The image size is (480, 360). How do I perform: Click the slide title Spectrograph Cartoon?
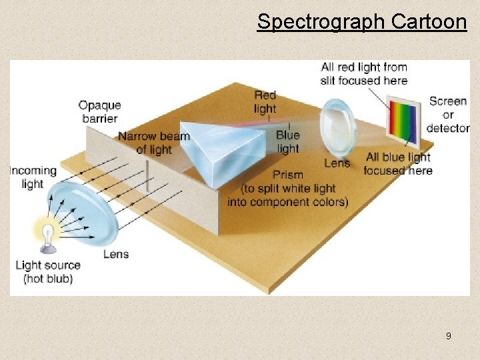click(x=361, y=21)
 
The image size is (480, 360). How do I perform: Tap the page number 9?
click(x=448, y=336)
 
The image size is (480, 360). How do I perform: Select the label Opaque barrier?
click(x=99, y=111)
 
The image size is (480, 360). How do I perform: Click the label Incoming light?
click(x=33, y=177)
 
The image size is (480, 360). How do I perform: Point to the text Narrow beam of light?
click(x=154, y=143)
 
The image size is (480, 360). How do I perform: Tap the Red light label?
click(x=265, y=101)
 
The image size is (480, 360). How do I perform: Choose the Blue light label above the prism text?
click(x=287, y=141)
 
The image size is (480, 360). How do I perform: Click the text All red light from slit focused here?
click(x=363, y=73)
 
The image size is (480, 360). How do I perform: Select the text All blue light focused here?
click(x=398, y=163)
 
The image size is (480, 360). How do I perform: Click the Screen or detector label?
click(x=447, y=114)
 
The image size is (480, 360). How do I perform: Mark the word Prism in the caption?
click(x=288, y=175)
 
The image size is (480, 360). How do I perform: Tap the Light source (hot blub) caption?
click(x=48, y=271)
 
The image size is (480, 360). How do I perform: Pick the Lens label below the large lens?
click(x=116, y=254)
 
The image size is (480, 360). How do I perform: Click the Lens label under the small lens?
click(x=337, y=163)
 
